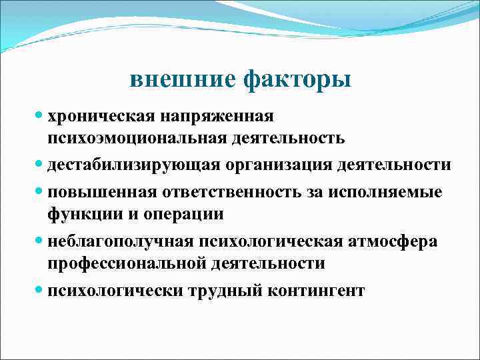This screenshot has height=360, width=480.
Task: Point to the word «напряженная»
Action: (x=213, y=116)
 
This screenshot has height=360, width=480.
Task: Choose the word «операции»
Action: (x=187, y=215)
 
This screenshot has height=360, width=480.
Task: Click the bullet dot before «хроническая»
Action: (x=37, y=115)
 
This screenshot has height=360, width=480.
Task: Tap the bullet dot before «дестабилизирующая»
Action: (x=37, y=164)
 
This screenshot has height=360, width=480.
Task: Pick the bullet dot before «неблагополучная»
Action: (x=37, y=241)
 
